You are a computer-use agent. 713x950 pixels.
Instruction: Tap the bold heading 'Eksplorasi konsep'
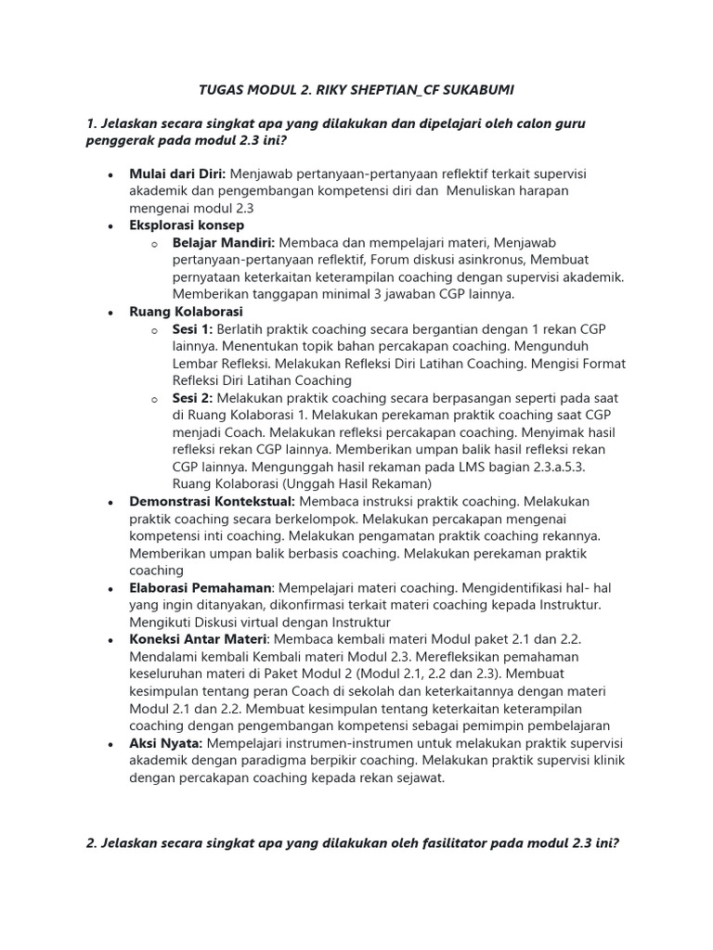187,225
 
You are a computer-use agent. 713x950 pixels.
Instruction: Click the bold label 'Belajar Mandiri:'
223,242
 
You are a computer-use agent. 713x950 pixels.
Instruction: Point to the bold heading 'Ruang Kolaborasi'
186,312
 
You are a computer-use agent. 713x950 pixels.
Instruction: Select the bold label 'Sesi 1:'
192,329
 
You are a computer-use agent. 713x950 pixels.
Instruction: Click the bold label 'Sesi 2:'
192,398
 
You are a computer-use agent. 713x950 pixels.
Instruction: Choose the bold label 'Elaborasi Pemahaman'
201,588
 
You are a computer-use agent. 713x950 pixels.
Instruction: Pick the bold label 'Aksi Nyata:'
166,744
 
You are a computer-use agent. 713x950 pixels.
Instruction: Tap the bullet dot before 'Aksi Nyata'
110,745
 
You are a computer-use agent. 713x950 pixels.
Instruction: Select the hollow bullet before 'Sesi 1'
154,330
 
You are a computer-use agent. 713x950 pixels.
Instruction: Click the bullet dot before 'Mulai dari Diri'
110,174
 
